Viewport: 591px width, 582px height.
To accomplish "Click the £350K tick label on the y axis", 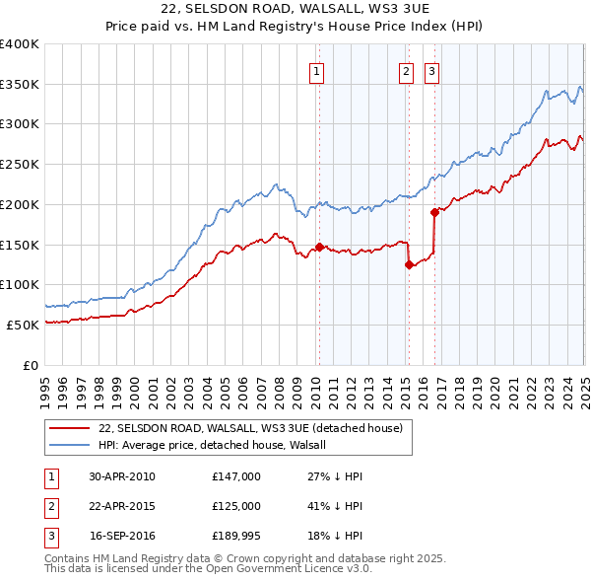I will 19,85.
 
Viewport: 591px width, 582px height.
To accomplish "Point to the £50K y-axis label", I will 23,325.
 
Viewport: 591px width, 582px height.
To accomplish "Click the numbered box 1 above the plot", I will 317,70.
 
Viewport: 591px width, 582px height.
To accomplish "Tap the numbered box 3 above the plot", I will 432,70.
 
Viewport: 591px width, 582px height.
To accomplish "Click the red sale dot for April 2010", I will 319,247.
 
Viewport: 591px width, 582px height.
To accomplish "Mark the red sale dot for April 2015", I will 408,264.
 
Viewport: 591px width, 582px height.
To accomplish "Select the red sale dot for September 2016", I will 434,212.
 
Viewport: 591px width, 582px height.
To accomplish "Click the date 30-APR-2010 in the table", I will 122,476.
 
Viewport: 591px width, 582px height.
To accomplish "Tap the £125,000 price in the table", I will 236,506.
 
